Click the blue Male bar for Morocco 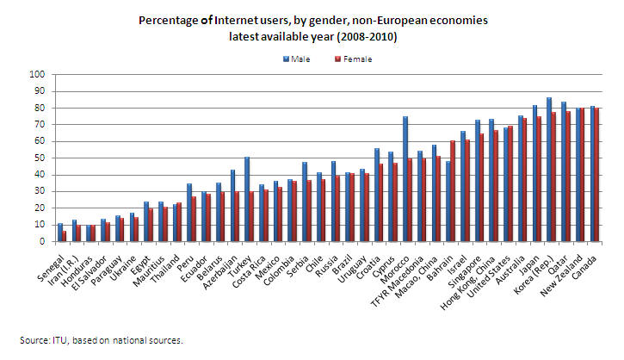point(405,179)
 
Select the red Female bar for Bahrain point(453,191)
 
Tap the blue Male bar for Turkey point(247,199)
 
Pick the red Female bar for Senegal point(64,236)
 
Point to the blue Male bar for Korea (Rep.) point(549,170)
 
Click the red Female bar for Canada point(596,175)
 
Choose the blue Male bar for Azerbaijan point(232,206)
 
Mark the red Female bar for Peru point(194,219)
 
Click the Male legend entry point(296,59)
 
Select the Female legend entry point(354,59)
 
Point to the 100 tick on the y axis point(37,74)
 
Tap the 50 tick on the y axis point(40,158)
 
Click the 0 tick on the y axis point(42,242)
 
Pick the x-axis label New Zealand point(561,276)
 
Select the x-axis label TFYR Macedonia point(397,282)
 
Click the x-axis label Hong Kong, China point(467,282)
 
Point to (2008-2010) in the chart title point(367,37)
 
